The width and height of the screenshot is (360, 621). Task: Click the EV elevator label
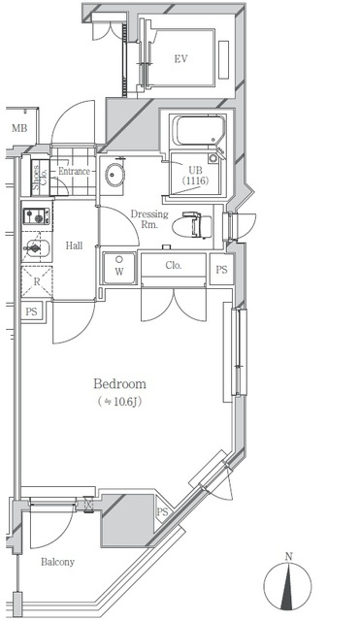(180, 59)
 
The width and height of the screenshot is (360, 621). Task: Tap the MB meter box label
(19, 128)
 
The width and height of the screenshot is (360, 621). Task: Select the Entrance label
(74, 172)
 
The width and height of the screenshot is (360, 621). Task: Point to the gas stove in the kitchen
(37, 216)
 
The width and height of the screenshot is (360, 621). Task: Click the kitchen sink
(37, 249)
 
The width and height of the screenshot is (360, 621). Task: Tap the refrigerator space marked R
(37, 282)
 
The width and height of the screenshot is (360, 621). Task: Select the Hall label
(74, 245)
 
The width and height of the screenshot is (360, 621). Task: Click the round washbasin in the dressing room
(115, 174)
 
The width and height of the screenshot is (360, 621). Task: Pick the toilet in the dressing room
(192, 225)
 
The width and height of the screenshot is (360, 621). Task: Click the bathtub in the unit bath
(200, 130)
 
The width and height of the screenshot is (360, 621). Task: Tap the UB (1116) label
(195, 176)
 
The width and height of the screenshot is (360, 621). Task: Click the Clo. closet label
(174, 265)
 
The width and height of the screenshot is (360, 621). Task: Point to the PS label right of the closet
(222, 270)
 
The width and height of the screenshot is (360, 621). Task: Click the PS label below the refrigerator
(31, 311)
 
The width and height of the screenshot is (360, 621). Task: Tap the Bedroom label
(119, 384)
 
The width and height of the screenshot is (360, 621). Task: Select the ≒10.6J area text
(119, 402)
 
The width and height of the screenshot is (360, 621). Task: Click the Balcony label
(58, 562)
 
